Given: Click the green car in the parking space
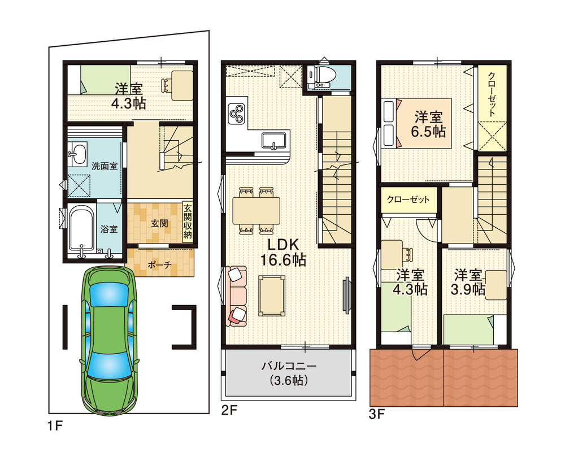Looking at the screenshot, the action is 110,341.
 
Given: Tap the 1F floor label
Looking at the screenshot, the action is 55,426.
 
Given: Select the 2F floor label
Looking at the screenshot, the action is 229,410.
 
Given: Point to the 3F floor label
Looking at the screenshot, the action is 377,415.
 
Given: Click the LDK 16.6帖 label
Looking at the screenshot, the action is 283,253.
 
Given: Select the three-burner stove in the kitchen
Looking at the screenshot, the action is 237,112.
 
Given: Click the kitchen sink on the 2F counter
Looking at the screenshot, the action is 275,141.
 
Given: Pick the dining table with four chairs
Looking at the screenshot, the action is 256,211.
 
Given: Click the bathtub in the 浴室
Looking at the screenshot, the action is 81,229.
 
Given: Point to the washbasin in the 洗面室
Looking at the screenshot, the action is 78,154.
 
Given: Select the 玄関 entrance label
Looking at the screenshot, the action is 159,224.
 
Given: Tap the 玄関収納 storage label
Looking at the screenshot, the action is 188,221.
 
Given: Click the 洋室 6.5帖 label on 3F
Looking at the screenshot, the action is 428,124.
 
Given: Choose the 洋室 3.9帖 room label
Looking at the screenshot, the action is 468,282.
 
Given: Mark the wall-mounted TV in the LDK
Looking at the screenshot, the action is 347,293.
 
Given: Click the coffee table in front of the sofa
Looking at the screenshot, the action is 272,295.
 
